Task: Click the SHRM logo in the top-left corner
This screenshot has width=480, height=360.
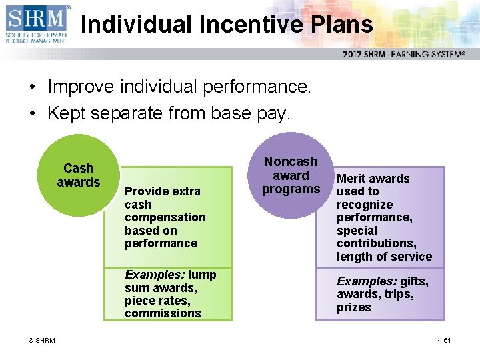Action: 36,23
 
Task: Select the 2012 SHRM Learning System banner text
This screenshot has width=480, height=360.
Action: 403,54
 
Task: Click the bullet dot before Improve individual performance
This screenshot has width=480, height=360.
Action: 31,87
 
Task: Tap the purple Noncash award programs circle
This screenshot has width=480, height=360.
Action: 291,175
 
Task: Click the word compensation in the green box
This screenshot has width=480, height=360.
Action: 165,217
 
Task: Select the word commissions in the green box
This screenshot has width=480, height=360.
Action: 163,313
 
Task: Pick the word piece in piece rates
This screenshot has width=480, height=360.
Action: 139,301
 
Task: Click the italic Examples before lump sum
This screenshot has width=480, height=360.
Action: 155,275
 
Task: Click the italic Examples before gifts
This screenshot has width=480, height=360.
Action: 366,281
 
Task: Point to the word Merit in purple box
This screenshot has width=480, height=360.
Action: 351,179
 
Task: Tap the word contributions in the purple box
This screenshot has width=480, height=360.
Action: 376,243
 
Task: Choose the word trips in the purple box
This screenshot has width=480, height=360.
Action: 399,294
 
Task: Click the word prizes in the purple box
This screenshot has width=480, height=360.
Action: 353,307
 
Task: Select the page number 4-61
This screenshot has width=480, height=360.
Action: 444,341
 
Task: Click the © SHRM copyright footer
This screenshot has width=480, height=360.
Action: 41,341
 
